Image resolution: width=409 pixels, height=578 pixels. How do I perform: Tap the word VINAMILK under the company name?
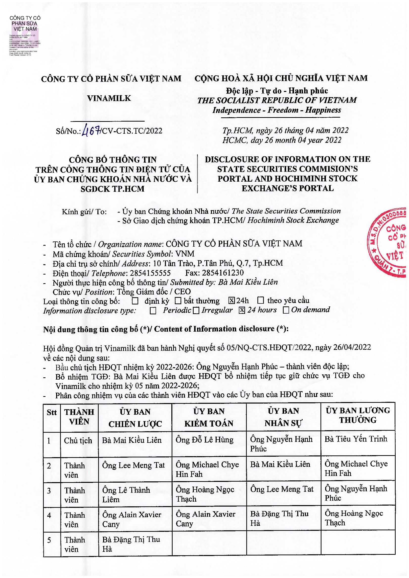pyautogui.click(x=109, y=98)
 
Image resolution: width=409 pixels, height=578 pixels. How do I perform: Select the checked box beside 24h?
pyautogui.click(x=231, y=300)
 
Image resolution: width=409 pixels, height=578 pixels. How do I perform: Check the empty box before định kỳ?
pyautogui.click(x=135, y=301)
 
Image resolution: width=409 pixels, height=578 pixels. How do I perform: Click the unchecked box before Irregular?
pyautogui.click(x=196, y=311)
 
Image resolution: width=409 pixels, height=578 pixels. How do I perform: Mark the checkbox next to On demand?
pyautogui.click(x=286, y=310)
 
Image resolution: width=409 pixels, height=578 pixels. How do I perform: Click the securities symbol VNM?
pyautogui.click(x=185, y=254)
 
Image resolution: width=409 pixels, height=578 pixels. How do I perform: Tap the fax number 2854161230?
pyautogui.click(x=223, y=273)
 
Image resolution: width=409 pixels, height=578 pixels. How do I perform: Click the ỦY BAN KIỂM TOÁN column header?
pyautogui.click(x=209, y=417)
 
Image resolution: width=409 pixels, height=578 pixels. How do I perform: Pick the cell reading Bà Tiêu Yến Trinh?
pyautogui.click(x=356, y=439)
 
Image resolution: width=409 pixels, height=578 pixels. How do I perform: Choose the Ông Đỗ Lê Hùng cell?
pyautogui.click(x=204, y=440)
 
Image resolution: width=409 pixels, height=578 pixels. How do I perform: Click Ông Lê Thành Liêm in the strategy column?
pyautogui.click(x=126, y=495)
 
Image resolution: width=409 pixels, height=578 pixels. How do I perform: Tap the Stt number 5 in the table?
pyautogui.click(x=49, y=540)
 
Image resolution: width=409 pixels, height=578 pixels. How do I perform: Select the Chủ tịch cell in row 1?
pyautogui.click(x=78, y=441)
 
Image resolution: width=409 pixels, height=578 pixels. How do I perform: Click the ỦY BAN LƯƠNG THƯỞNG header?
pyautogui.click(x=358, y=415)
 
